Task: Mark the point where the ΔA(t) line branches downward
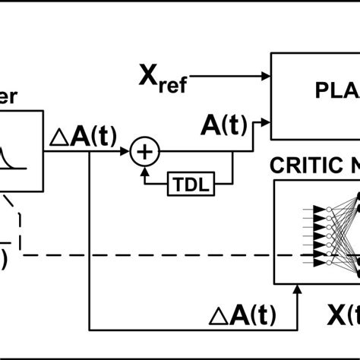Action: pyautogui.click(x=92, y=152)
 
